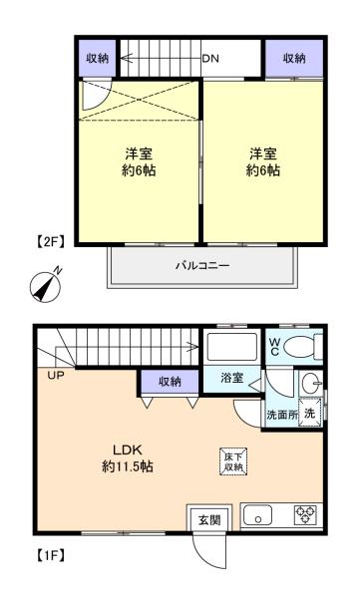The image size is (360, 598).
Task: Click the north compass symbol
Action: [46, 286]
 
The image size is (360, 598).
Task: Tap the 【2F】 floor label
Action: [50, 242]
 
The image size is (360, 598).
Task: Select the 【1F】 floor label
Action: [50, 555]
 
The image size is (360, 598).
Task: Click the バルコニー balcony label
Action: [202, 265]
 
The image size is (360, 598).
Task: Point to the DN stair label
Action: [210, 59]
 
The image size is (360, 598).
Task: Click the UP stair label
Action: [56, 376]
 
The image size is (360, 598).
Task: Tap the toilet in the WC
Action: [304, 346]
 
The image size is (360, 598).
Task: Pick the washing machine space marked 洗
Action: [310, 413]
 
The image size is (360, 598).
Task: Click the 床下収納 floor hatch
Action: [233, 461]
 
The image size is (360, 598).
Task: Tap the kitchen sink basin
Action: [257, 515]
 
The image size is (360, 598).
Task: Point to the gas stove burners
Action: [305, 514]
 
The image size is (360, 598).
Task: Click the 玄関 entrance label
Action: [209, 519]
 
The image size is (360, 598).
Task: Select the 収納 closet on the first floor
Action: [170, 381]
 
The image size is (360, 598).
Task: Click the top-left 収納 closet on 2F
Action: [98, 58]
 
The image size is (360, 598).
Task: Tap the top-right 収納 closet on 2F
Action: [294, 58]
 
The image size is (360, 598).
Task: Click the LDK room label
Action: [128, 449]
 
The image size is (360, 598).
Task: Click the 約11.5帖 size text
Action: [128, 466]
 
